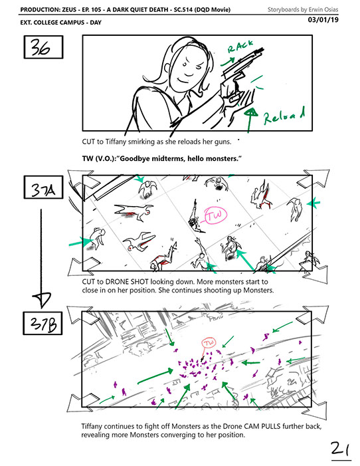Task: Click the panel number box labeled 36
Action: coord(43,47)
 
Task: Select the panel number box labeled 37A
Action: coord(43,187)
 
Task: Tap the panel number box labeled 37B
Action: coord(43,323)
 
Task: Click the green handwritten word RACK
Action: coord(240,47)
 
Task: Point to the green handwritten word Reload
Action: coord(284,116)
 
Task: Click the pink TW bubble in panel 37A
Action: coord(216,215)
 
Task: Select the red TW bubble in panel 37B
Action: coord(209,342)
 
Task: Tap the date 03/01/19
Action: coord(323,20)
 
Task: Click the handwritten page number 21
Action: coord(340,450)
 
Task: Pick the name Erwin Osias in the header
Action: coord(323,9)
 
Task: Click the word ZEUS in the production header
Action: coord(70,9)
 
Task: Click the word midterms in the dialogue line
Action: coord(168,159)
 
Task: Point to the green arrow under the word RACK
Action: coord(227,62)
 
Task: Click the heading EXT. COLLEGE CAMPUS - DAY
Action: coord(61,23)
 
